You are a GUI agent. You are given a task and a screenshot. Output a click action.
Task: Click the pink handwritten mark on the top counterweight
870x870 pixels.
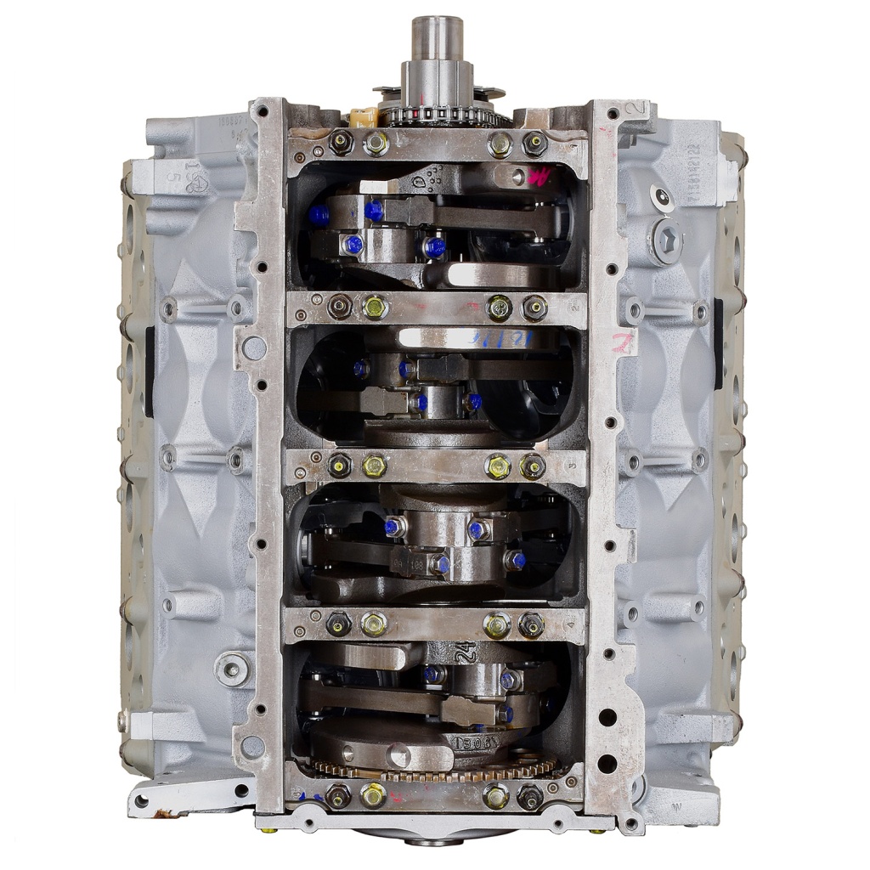[x=538, y=178]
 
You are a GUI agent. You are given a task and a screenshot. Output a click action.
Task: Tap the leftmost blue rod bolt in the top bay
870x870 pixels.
[x=319, y=216]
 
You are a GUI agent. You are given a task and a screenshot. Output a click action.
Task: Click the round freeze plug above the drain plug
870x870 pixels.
[x=660, y=197]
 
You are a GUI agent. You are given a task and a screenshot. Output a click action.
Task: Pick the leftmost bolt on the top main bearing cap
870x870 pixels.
[x=341, y=143]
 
